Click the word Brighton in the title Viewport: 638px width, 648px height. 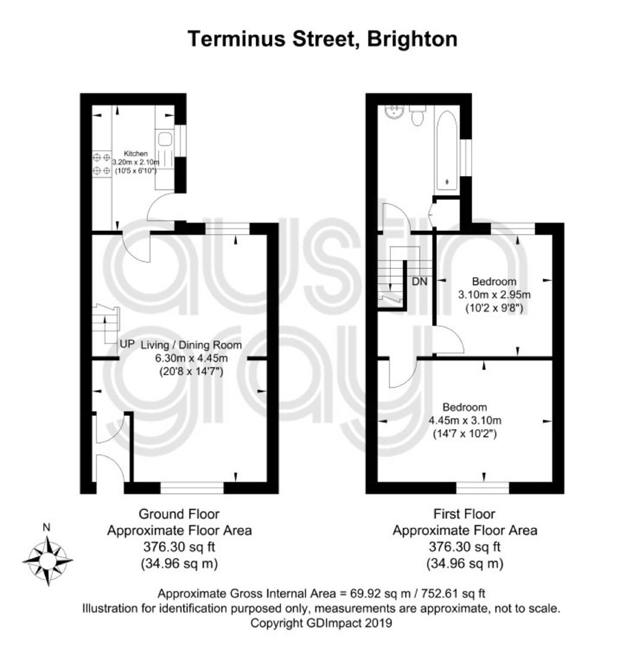(x=412, y=40)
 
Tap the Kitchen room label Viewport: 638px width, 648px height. (x=136, y=154)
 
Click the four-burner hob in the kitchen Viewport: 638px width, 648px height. (x=101, y=164)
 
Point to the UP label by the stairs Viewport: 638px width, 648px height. (x=127, y=344)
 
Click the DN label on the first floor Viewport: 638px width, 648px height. (x=420, y=281)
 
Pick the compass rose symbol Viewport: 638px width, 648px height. (x=48, y=561)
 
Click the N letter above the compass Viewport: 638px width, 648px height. (x=47, y=527)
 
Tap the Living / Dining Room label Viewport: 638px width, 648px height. (x=191, y=345)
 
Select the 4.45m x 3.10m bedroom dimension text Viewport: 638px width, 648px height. (x=465, y=421)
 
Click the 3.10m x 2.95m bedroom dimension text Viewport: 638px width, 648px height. (x=494, y=295)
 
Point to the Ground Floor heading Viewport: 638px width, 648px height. (x=179, y=514)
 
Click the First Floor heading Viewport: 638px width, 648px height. (x=465, y=514)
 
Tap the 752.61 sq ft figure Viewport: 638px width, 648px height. (x=453, y=594)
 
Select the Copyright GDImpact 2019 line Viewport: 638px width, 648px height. (x=321, y=623)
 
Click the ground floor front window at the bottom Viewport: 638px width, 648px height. (x=192, y=488)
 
